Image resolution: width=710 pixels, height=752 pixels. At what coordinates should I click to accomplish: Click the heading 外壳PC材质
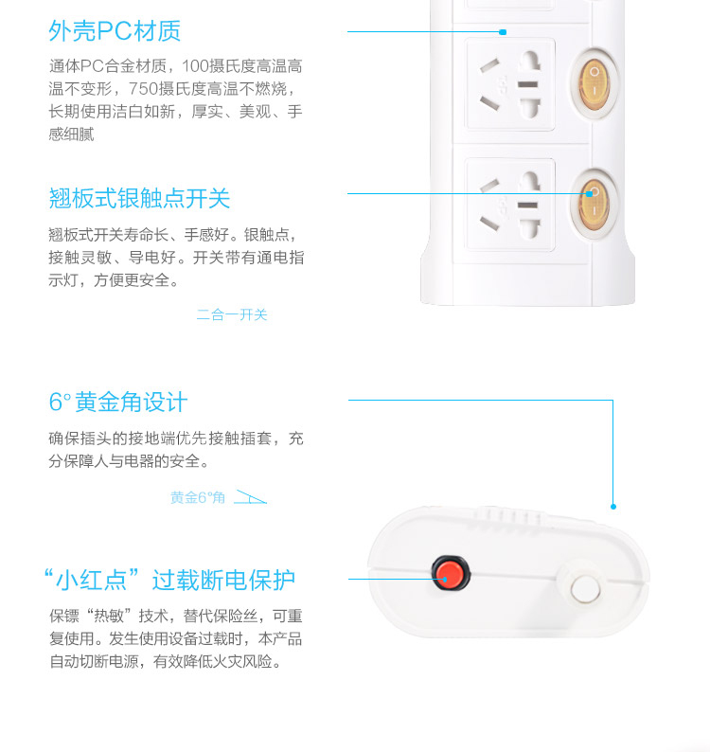115,31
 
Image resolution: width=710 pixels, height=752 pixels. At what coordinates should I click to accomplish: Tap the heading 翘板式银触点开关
139,198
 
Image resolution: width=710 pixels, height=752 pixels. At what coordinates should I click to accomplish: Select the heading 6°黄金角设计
118,402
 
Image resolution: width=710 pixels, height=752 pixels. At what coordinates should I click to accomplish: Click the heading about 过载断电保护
169,580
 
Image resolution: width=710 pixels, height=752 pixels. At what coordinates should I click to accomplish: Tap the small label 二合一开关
232,314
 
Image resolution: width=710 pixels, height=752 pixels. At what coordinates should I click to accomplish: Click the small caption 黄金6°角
198,497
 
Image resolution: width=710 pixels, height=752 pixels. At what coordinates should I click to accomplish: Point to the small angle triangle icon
250,497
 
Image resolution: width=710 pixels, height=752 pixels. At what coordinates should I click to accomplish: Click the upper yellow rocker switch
595,82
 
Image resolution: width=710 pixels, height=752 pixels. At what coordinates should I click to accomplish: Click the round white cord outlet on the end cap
585,588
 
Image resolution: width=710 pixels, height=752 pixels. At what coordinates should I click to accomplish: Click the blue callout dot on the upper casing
503,32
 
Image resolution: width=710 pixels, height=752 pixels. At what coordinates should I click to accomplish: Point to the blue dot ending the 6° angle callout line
613,507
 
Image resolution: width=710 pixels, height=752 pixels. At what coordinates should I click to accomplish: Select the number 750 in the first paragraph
143,89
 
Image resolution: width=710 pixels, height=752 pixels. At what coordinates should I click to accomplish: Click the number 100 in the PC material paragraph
196,65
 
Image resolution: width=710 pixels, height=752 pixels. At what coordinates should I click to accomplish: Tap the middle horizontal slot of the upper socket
528,84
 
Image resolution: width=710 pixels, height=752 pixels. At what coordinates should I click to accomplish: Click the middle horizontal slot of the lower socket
528,206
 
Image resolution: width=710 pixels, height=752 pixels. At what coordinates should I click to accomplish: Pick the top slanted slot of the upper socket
489,65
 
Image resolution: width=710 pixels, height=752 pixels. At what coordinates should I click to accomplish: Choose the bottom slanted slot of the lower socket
489,224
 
